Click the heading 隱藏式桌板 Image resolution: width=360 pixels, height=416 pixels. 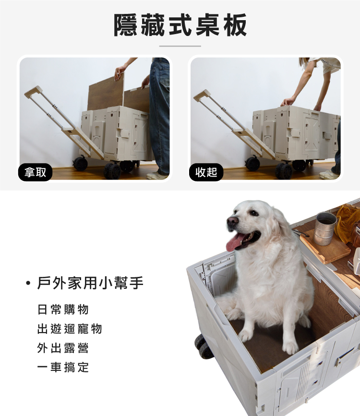click(x=180, y=25)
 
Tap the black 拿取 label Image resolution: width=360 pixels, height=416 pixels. click(x=36, y=172)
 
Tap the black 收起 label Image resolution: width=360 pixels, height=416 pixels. click(x=206, y=172)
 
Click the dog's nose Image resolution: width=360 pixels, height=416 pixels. click(x=233, y=220)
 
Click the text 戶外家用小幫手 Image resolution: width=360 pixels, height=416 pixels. click(x=90, y=283)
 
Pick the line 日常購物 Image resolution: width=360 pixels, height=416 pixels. click(x=63, y=309)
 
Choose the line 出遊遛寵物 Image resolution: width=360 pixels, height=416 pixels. click(x=70, y=329)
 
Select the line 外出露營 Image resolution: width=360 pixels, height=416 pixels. click(x=63, y=348)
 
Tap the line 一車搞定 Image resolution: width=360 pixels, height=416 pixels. click(x=63, y=367)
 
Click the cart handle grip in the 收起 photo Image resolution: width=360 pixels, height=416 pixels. click(x=202, y=95)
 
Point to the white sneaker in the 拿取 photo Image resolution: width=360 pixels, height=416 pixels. click(x=157, y=175)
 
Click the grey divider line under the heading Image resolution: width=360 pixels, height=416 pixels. click(x=180, y=46)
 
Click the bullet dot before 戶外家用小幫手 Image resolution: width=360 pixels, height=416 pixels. click(x=28, y=283)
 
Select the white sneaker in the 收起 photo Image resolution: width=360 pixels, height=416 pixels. click(x=329, y=174)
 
